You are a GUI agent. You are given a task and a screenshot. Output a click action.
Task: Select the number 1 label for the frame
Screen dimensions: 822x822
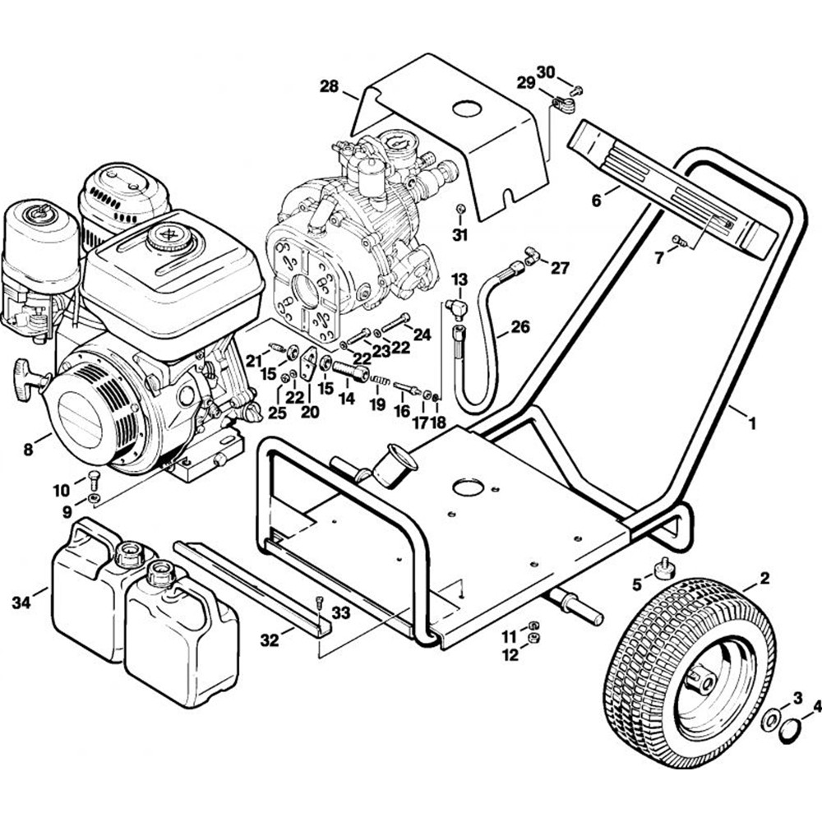coord(750,424)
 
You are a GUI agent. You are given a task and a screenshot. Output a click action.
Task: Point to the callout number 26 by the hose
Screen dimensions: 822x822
coord(520,326)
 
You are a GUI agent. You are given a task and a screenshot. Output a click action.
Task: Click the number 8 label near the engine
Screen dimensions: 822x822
coord(29,450)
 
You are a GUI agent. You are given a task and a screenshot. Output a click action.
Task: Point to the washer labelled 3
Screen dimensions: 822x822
coord(772,718)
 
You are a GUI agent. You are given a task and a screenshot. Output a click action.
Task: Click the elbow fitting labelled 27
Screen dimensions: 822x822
coord(530,259)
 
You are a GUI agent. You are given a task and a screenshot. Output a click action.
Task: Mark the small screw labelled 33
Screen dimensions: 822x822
coord(319,602)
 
